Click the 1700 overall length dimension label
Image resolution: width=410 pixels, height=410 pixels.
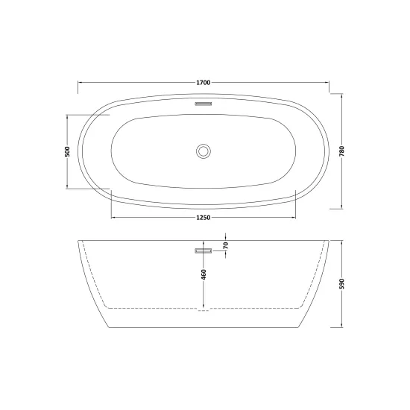pyautogui.click(x=204, y=83)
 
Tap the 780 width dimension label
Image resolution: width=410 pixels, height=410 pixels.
pyautogui.click(x=342, y=151)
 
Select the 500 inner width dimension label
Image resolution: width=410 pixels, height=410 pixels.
pyautogui.click(x=67, y=151)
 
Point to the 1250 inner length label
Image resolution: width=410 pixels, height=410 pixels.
pyautogui.click(x=204, y=218)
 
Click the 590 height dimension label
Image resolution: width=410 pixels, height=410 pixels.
pyautogui.click(x=342, y=284)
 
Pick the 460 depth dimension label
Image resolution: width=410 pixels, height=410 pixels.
pyautogui.click(x=204, y=274)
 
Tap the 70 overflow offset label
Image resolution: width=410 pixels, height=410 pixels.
pyautogui.click(x=226, y=245)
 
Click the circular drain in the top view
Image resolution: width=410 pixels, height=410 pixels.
pyautogui.click(x=204, y=151)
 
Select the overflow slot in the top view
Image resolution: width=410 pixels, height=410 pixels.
pyautogui.click(x=204, y=104)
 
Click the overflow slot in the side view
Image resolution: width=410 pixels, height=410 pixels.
pyautogui.click(x=204, y=251)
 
